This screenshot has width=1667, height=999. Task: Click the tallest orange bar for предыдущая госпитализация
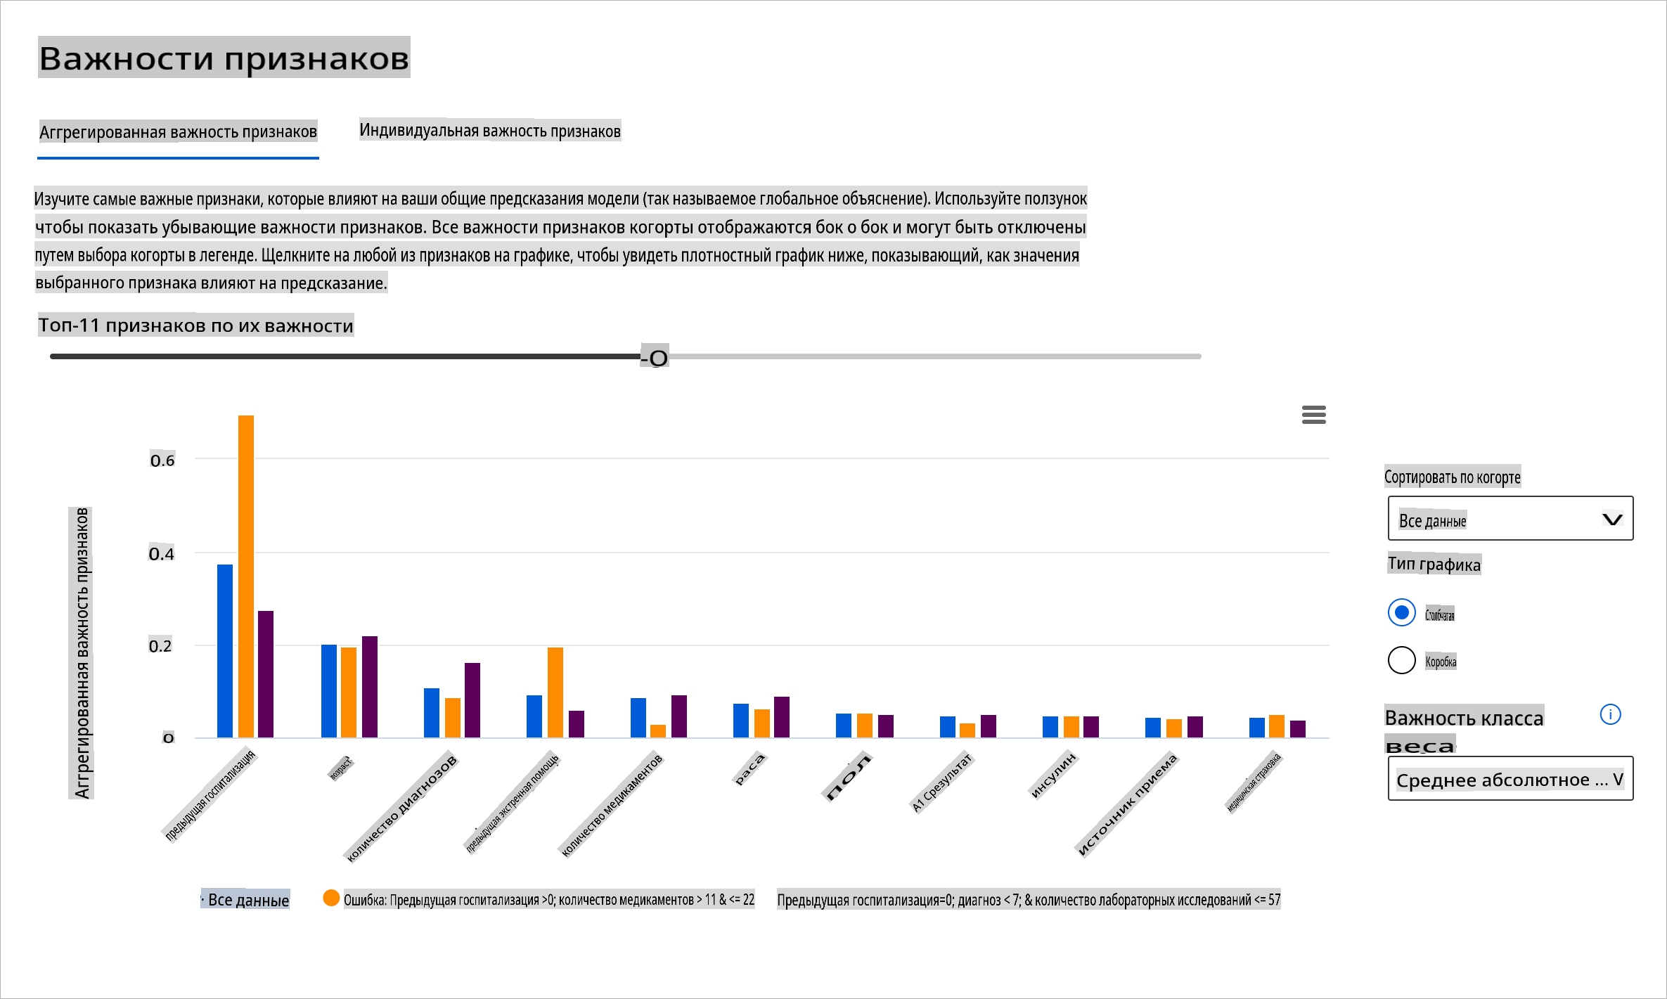[x=246, y=576]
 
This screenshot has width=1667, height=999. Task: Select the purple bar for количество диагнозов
[x=472, y=700]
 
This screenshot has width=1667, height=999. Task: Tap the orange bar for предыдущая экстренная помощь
[x=555, y=692]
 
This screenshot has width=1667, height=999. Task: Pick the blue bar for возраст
[x=329, y=691]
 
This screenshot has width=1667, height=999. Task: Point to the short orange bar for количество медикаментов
[x=658, y=731]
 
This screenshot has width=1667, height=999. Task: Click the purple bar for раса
[x=782, y=717]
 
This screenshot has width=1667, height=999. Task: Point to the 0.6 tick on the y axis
[x=162, y=460]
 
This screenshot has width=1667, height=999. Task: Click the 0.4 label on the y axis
[x=162, y=554]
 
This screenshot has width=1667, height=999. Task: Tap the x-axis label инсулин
[x=1053, y=775]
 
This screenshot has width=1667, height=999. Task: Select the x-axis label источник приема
[x=1127, y=805]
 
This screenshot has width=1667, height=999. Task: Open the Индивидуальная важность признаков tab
[x=490, y=131]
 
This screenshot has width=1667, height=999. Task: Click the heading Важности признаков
[x=224, y=58]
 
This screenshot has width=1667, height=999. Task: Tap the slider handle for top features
[x=657, y=358]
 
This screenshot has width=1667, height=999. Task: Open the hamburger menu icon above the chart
[x=1313, y=415]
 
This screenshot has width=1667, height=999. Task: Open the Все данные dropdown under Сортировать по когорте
[x=1510, y=519]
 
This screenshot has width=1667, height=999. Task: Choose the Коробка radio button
[x=1401, y=660]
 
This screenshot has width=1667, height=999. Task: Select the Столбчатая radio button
[x=1401, y=612]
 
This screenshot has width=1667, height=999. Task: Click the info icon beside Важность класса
[x=1610, y=715]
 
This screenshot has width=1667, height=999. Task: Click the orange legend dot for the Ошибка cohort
[x=331, y=898]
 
